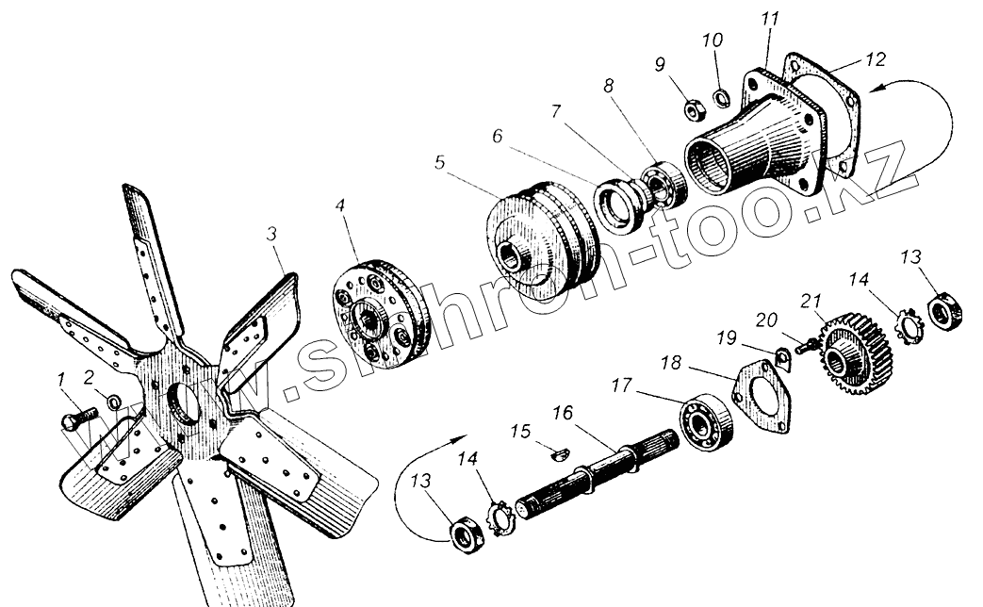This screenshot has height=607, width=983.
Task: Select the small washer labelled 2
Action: [x=113, y=402]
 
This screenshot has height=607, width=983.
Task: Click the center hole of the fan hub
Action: [x=185, y=404]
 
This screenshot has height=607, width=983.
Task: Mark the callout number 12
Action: [x=876, y=59]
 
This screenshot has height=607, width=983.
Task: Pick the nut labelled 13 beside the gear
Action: [x=944, y=311]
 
